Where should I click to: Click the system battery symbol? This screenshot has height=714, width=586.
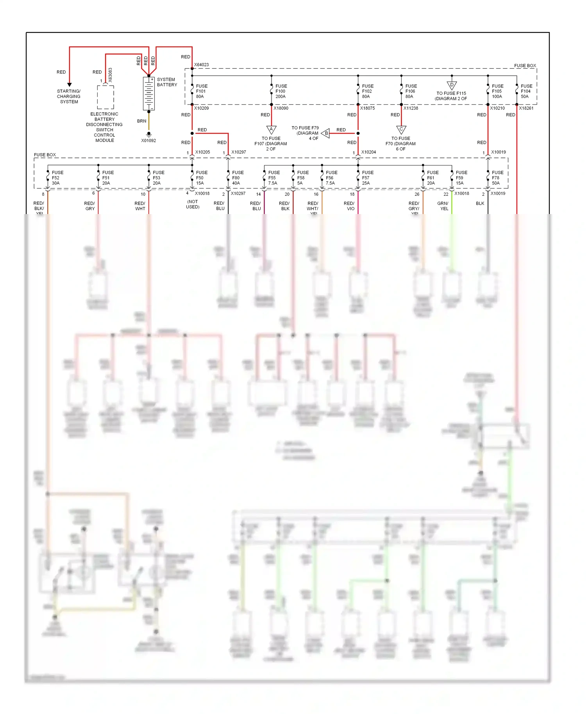pyautogui.click(x=148, y=93)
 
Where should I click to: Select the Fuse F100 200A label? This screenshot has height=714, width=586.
pyautogui.click(x=281, y=91)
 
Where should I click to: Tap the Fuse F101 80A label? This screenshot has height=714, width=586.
pyautogui.click(x=202, y=91)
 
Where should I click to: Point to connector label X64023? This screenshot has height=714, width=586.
pyautogui.click(x=202, y=65)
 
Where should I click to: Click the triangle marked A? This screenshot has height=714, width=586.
pyautogui.click(x=271, y=129)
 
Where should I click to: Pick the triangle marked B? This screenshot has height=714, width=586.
pyautogui.click(x=325, y=133)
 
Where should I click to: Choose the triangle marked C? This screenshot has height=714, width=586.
pyautogui.click(x=401, y=129)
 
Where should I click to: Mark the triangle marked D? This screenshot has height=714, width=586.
pyautogui.click(x=452, y=85)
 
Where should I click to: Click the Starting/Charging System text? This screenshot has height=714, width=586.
pyautogui.click(x=69, y=96)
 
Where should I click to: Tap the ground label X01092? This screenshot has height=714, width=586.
pyautogui.click(x=148, y=141)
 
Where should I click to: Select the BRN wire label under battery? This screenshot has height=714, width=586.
pyautogui.click(x=141, y=121)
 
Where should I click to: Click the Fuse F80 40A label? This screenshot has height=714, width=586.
pyautogui.click(x=238, y=178)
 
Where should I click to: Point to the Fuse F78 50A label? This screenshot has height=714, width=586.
pyautogui.click(x=497, y=178)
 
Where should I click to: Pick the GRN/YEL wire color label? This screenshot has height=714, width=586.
pyautogui.click(x=443, y=206)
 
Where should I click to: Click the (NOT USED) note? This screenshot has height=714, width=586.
pyautogui.click(x=193, y=204)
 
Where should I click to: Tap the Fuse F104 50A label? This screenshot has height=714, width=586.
pyautogui.click(x=526, y=91)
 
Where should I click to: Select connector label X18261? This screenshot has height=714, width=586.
pyautogui.click(x=526, y=108)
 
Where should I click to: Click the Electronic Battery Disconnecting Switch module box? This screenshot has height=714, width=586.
pyautogui.click(x=105, y=97)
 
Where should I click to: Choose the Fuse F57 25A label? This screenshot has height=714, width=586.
pyautogui.click(x=367, y=178)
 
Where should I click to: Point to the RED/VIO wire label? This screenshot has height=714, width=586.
pyautogui.click(x=349, y=206)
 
